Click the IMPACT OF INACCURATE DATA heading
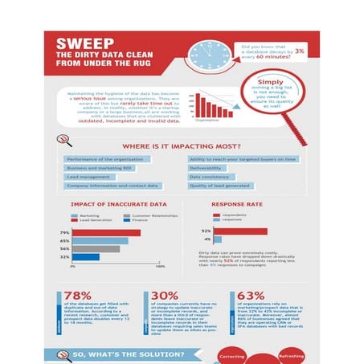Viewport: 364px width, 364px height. (x=108, y=206)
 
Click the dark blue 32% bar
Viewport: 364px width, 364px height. (x=86, y=257)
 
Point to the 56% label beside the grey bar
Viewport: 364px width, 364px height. (x=64, y=249)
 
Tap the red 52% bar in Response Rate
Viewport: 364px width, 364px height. (x=234, y=231)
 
